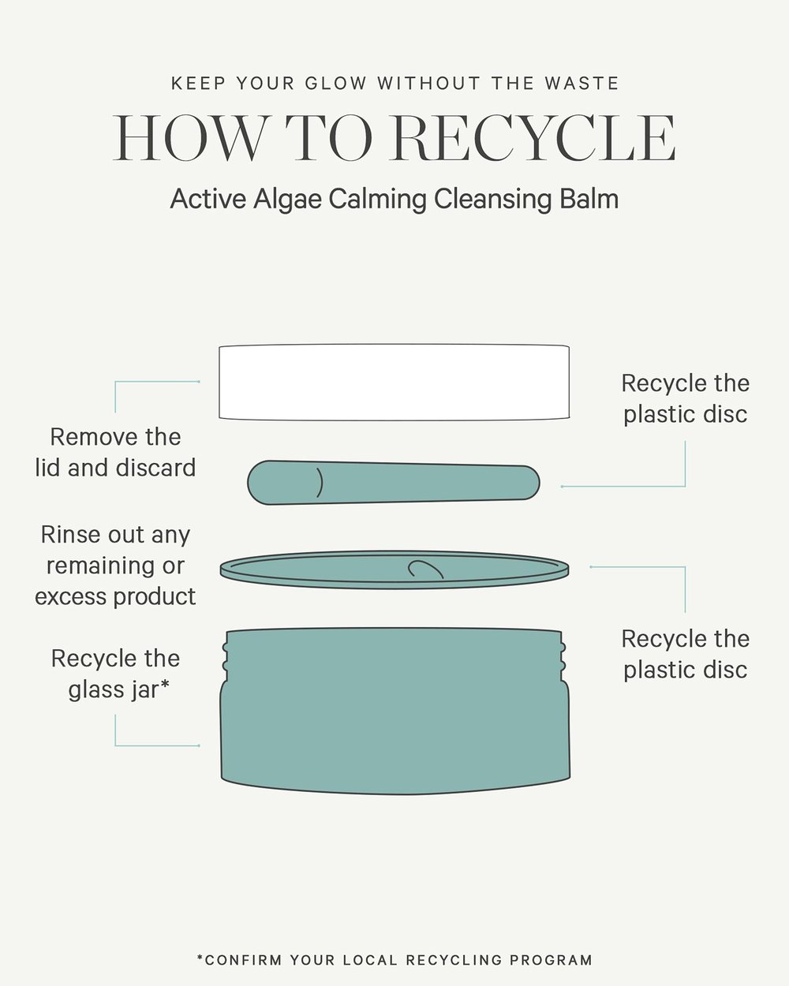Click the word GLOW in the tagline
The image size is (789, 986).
pos(335,84)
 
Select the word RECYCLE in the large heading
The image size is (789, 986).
pos(533,138)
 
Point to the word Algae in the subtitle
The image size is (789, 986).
pos(287,200)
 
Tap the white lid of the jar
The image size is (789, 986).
pos(394,382)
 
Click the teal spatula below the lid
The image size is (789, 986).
pos(394,483)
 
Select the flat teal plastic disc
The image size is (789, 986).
pos(394,570)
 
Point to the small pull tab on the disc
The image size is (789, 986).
pos(425,570)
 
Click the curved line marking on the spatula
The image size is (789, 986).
pos(320,483)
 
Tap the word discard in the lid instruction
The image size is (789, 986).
pos(156,468)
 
